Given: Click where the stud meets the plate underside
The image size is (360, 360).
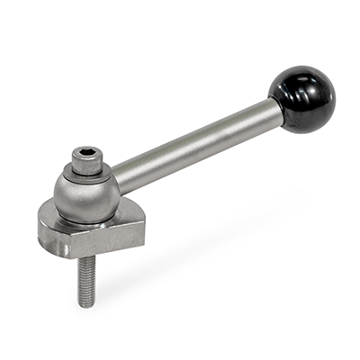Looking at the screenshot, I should pyautogui.click(x=85, y=259).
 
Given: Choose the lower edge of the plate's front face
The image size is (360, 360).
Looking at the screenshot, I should pyautogui.click(x=72, y=256).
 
